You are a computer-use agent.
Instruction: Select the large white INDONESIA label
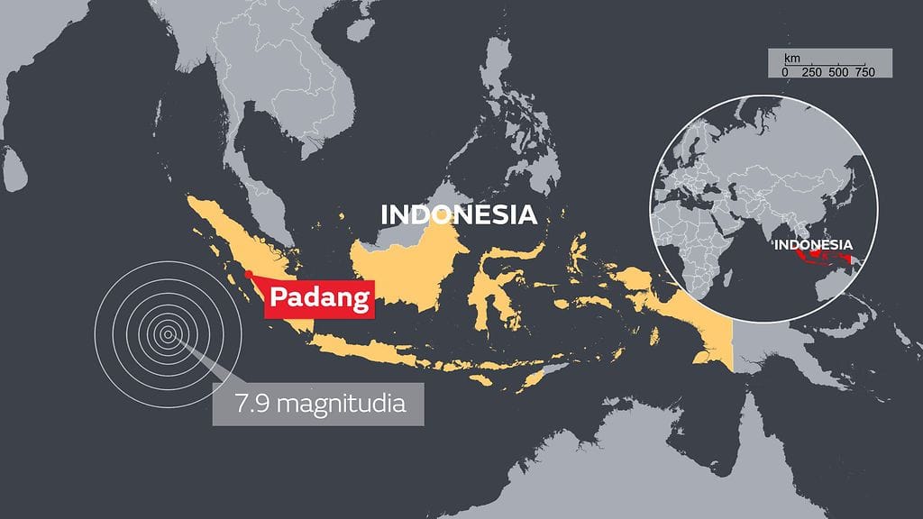pyautogui.click(x=459, y=215)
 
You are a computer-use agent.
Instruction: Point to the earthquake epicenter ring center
pyautogui.click(x=168, y=335)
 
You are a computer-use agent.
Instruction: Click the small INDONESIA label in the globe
pyautogui.click(x=813, y=244)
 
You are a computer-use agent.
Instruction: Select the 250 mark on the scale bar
pyautogui.click(x=811, y=71)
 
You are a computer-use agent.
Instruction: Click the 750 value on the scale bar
pyautogui.click(x=864, y=71)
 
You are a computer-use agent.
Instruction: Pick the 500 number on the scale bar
pyautogui.click(x=838, y=71)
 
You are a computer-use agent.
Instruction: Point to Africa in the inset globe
pyautogui.click(x=699, y=243)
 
